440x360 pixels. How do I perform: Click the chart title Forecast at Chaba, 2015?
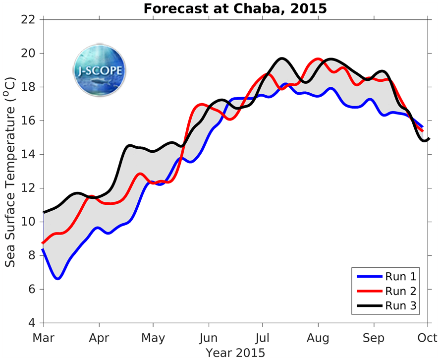[235, 8]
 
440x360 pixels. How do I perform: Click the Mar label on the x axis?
[44, 338]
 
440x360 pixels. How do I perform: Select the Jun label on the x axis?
[208, 338]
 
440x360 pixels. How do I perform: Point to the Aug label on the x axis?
[318, 338]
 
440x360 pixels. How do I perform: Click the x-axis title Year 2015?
[235, 353]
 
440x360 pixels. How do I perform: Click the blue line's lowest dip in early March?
[58, 279]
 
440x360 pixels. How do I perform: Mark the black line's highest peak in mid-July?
[282, 59]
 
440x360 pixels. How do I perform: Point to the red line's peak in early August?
[318, 59]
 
